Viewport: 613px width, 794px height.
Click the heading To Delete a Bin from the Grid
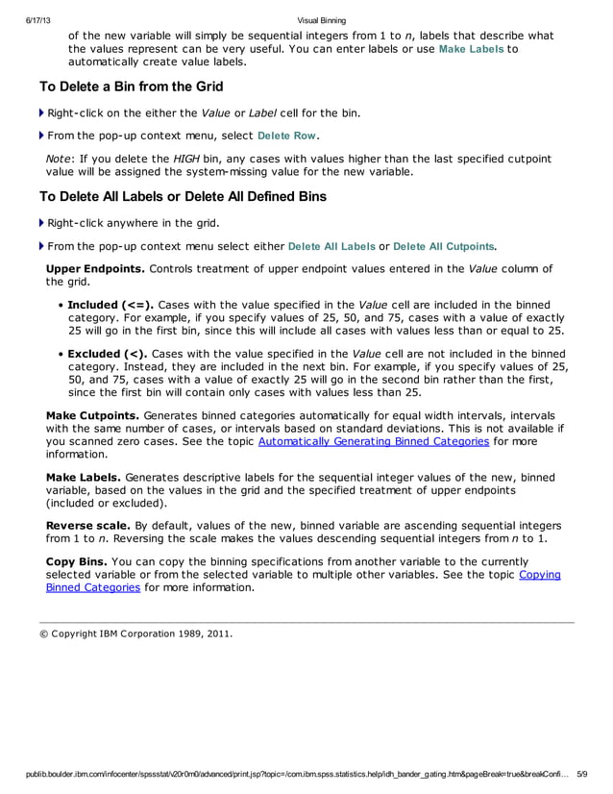coord(131,87)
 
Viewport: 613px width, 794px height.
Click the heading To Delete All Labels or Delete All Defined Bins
coord(183,197)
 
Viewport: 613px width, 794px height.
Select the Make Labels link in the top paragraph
coord(471,49)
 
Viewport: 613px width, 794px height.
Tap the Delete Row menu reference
coord(288,136)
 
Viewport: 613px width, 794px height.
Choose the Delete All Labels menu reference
coord(331,246)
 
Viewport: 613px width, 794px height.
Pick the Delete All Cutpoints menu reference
coord(445,246)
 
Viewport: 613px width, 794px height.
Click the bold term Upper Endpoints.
coord(95,268)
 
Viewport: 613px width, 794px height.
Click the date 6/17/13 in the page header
coord(24,20)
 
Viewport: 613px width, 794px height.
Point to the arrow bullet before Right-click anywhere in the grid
coord(41,224)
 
